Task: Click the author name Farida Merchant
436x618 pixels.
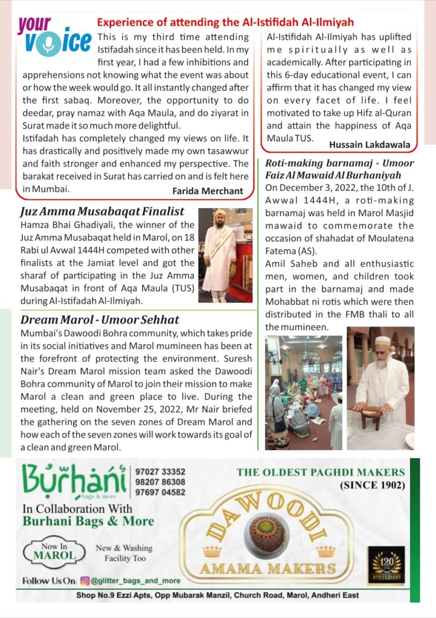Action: click(207, 191)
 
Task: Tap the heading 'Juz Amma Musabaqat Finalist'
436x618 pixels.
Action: click(102, 211)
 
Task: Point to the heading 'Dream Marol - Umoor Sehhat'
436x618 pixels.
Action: click(100, 320)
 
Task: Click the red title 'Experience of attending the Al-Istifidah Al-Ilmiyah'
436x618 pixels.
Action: click(225, 22)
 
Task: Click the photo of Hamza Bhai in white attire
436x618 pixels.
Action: click(225, 255)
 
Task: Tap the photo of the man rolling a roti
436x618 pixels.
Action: click(380, 387)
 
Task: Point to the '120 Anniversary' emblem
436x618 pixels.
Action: click(386, 564)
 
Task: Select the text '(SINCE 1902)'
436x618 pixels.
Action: click(373, 484)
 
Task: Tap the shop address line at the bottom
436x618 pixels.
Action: click(217, 595)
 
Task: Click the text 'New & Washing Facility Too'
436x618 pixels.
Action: click(124, 553)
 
